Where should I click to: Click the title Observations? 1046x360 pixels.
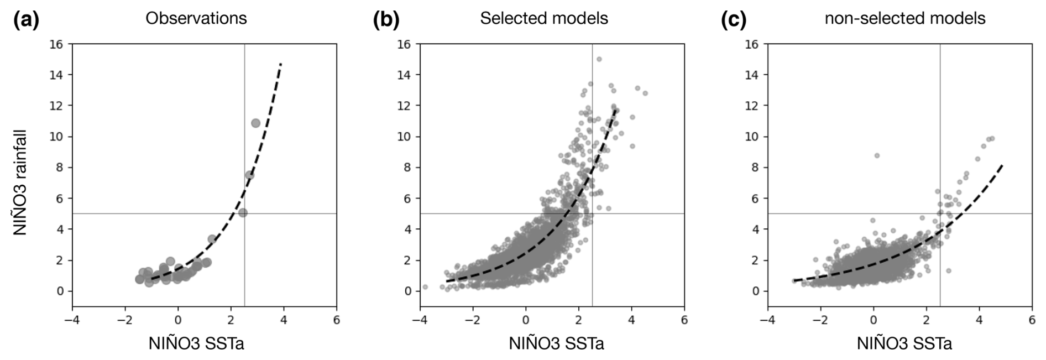[196, 18]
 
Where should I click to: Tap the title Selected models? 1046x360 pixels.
[544, 18]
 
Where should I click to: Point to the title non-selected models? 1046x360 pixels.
[905, 18]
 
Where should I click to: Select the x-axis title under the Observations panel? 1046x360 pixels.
[196, 343]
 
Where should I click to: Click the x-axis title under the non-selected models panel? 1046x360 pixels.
[905, 343]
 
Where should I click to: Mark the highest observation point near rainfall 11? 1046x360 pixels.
[255, 123]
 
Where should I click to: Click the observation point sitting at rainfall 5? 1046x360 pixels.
[243, 212]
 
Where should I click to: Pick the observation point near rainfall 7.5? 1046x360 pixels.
[250, 175]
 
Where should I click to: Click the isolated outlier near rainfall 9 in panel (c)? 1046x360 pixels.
[877, 155]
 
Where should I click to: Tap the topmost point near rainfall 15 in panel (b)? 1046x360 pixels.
[599, 59]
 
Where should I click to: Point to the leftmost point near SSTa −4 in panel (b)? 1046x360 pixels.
[425, 287]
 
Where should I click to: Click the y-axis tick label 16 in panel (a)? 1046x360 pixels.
[57, 44]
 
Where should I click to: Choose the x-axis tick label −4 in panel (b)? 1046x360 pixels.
[420, 320]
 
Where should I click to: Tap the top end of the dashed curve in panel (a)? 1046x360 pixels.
[281, 64]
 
